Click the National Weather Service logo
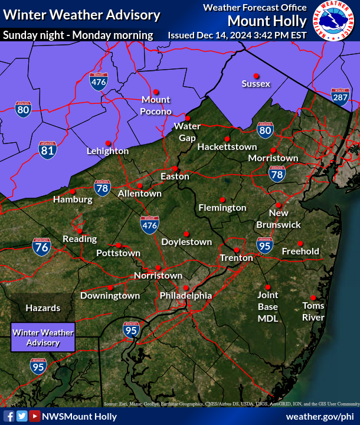(x=335, y=22)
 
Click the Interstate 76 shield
(x=41, y=248)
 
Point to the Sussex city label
(x=256, y=84)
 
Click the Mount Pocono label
(x=156, y=106)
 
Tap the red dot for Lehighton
(x=108, y=143)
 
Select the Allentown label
(x=140, y=193)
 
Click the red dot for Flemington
(x=222, y=199)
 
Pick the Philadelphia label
(x=185, y=295)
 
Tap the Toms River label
(x=313, y=311)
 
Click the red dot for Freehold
(x=300, y=243)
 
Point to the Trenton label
(x=237, y=258)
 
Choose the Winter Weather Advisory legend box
(x=43, y=338)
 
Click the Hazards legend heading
(x=42, y=308)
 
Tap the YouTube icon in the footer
(x=35, y=416)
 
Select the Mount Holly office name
(x=267, y=21)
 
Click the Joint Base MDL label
(x=267, y=306)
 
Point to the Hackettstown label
(x=227, y=146)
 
